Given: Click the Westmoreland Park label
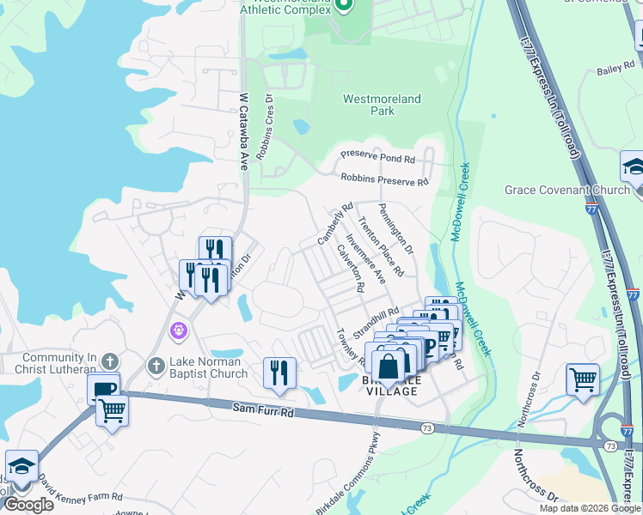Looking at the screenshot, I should (382, 105).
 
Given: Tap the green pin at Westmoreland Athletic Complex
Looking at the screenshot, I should (345, 7).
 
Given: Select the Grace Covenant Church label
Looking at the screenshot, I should (567, 190).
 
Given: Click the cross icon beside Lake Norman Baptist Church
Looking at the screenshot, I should (156, 366).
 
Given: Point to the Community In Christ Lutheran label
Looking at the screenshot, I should (53, 363).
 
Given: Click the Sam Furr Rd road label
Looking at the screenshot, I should (263, 412).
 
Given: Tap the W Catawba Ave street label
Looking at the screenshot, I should (243, 130).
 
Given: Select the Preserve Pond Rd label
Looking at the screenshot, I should (377, 159).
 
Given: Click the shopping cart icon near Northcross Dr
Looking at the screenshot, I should (583, 379).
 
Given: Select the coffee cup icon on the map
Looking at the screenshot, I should (103, 387).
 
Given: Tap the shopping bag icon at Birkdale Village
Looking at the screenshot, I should (389, 366).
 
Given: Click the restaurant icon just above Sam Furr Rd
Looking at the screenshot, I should (279, 373).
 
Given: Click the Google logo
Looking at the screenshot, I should (28, 505).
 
